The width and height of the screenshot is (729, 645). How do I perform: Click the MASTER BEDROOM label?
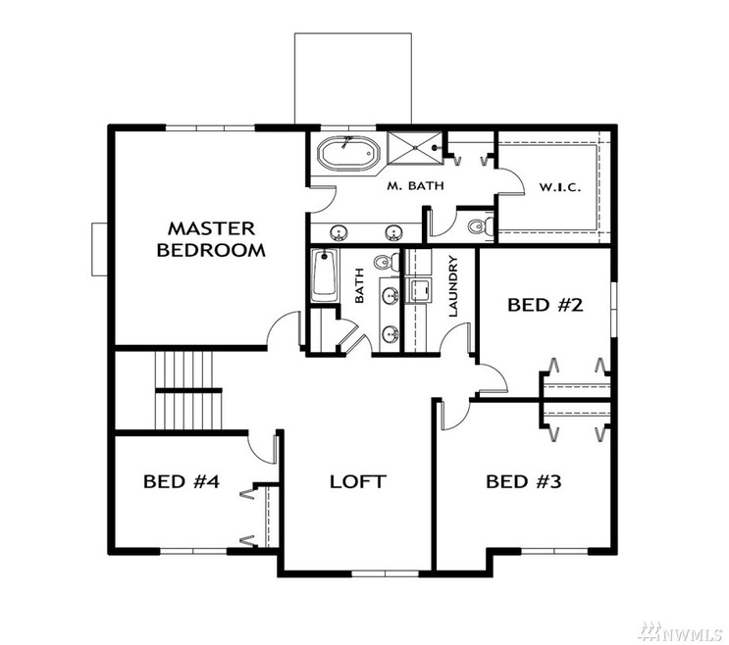click(211, 238)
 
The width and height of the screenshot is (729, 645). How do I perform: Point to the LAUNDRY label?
click(453, 288)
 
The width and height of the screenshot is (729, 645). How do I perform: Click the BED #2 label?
click(546, 305)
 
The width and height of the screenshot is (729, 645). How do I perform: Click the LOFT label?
click(357, 481)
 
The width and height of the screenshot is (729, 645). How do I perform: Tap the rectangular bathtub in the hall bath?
click(323, 276)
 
